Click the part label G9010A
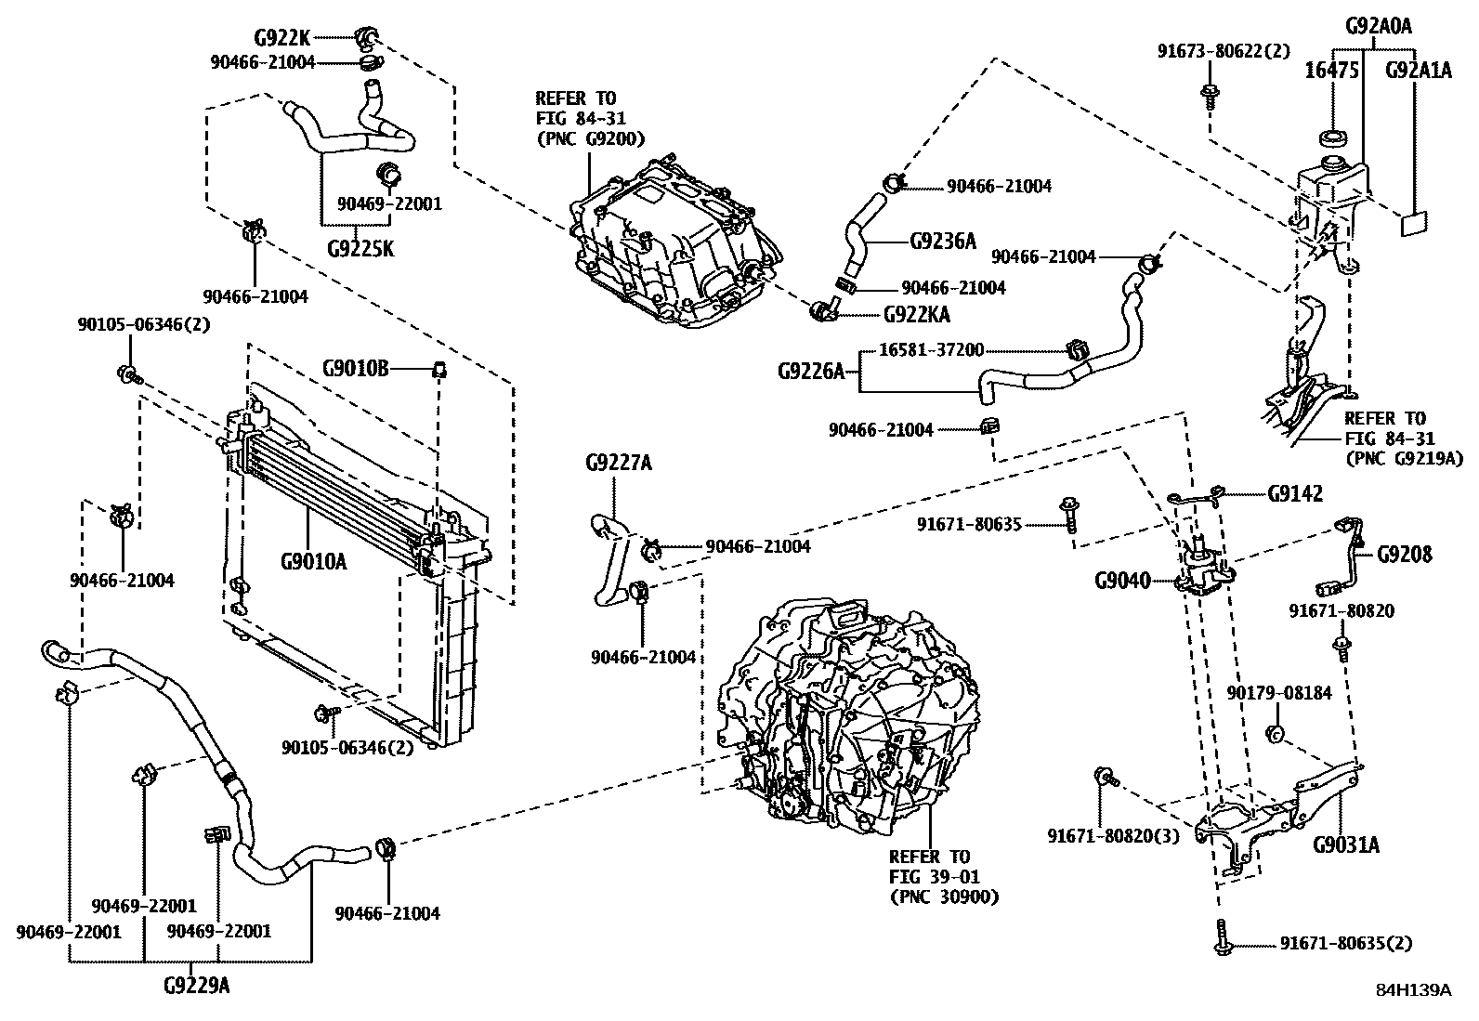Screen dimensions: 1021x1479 coord(313,561)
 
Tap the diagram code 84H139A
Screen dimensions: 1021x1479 coord(1413,990)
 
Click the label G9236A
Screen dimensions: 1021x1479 coord(943,242)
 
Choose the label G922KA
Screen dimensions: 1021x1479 coord(916,315)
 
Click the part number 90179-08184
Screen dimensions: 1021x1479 coord(1279,693)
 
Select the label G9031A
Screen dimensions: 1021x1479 coord(1345,844)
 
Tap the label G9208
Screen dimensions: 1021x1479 coord(1404,555)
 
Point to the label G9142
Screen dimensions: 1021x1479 coord(1295,494)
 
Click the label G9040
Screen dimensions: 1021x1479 coord(1122,582)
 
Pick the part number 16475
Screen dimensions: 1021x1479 coord(1332,71)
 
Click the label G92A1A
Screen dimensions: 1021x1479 coord(1418,71)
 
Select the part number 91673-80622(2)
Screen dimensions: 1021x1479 coord(1224,51)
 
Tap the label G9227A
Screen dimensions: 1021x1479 coord(618,463)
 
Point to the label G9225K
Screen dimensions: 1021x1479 coord(360,249)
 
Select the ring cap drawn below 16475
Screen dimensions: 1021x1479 coord(1335,139)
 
